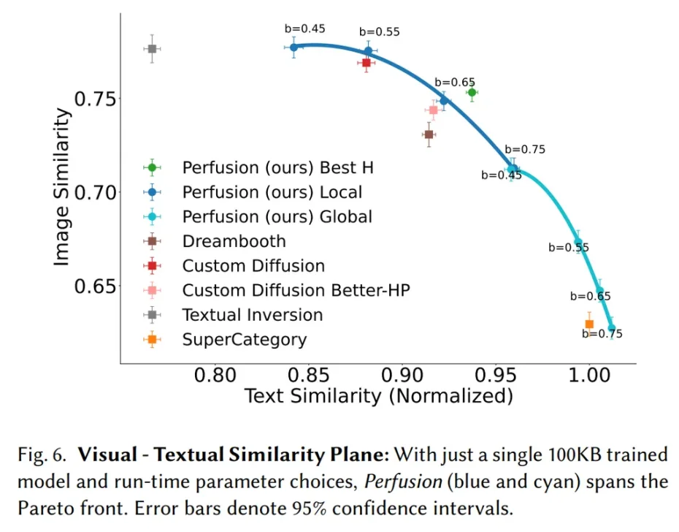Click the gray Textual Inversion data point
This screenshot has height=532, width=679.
coord(152,49)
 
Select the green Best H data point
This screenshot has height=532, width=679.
coord(472,92)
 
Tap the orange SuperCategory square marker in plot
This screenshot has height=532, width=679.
coord(589,324)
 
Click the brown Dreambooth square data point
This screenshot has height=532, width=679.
coord(429,134)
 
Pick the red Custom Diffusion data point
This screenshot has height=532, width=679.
coord(367,63)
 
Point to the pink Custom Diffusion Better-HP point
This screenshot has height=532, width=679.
coord(433,110)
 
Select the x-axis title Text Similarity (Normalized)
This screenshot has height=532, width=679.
coord(378,397)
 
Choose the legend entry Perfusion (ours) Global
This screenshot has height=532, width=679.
coord(277,217)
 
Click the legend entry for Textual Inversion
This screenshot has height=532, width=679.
coord(253,315)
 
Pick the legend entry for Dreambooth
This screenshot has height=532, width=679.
coord(234,241)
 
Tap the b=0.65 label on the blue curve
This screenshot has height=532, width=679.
coord(455,83)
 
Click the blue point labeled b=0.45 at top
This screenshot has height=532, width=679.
coord(294,47)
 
